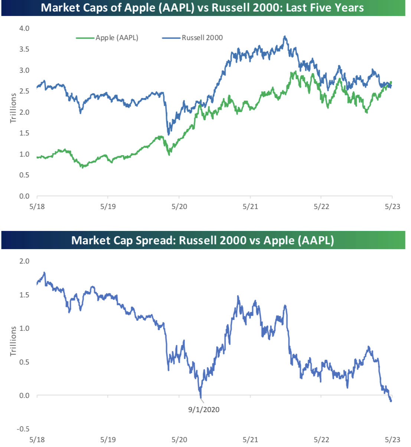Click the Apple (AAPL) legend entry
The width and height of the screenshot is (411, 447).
tap(107, 37)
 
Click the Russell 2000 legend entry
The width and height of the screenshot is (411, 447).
tap(193, 37)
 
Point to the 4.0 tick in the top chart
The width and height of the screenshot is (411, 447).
tap(24, 28)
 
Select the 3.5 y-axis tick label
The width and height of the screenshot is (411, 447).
tap(24, 49)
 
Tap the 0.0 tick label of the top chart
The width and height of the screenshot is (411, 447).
tap(24, 196)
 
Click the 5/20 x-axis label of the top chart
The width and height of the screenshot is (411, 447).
tap(179, 207)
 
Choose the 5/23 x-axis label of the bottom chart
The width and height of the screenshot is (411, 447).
tap(392, 440)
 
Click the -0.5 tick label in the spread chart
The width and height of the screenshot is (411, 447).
tap(23, 429)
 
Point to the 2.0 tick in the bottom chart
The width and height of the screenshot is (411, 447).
tap(24, 261)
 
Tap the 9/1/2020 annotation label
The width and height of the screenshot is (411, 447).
tap(204, 410)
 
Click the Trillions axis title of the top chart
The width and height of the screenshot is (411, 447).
tap(13, 108)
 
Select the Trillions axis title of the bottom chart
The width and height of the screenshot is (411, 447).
tap(13, 341)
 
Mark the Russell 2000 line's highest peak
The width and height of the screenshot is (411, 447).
tap(285, 36)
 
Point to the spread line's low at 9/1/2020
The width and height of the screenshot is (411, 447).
tap(201, 398)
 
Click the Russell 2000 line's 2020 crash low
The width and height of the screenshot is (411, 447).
tap(169, 135)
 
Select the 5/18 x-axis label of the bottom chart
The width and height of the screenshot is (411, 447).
tap(37, 440)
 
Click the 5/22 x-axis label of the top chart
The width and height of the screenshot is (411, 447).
tap(322, 207)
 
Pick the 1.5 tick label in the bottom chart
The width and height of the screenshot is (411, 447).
tap(24, 295)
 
